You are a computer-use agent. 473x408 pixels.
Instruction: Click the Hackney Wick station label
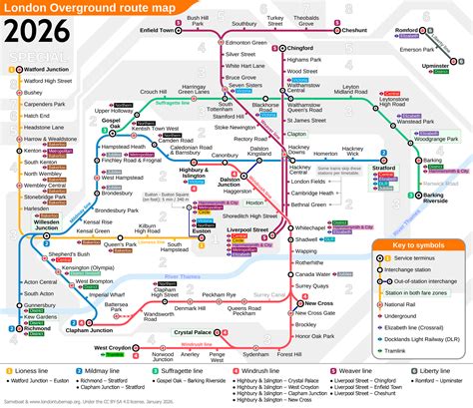tap(353, 154)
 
